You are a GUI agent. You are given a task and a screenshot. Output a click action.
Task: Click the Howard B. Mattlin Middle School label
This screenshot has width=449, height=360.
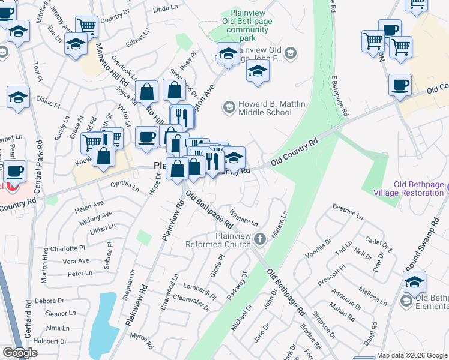pyautogui.click(x=272, y=108)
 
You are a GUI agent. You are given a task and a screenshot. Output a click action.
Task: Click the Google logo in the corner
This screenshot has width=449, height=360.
pyautogui.click(x=20, y=353)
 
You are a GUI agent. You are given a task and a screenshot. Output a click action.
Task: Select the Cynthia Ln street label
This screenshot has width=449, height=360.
pyautogui.click(x=125, y=187)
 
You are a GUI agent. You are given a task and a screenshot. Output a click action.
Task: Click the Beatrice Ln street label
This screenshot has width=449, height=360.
pyautogui.click(x=348, y=214)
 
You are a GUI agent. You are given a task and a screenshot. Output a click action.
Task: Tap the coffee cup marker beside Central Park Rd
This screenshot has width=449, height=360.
pyautogui.click(x=14, y=170)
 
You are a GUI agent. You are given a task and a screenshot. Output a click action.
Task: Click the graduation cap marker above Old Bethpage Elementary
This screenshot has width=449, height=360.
pyautogui.click(x=414, y=281)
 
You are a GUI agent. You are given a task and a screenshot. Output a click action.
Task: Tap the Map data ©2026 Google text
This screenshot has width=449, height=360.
pyautogui.click(x=412, y=355)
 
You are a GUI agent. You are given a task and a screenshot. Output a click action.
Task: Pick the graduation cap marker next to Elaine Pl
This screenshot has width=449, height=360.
pyautogui.click(x=19, y=97)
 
